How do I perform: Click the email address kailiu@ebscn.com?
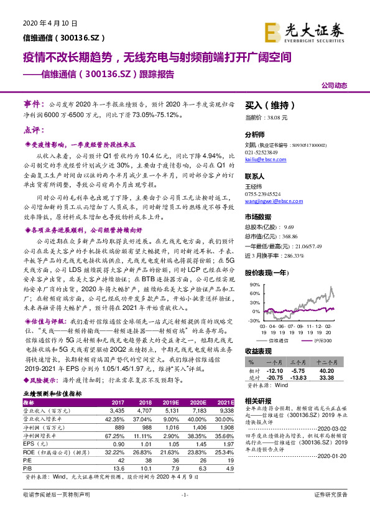[266, 159]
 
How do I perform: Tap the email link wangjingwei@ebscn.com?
[273, 200]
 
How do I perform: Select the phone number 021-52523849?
[262, 152]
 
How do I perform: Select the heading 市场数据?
[258, 217]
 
